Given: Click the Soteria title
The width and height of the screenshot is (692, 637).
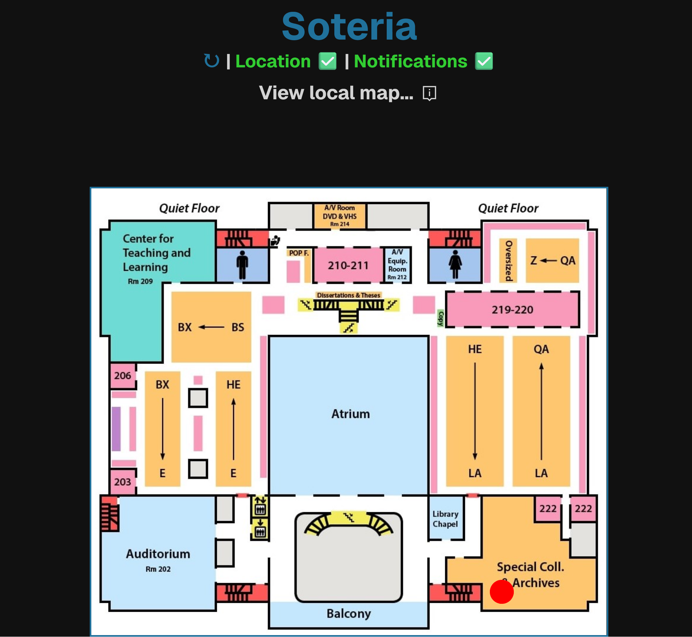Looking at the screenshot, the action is coord(349,27).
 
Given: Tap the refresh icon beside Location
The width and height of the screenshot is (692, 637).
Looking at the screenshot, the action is coord(211,61).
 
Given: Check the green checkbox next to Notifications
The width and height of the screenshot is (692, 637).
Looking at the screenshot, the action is coord(484,61).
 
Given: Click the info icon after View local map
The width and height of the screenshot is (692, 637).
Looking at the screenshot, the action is coord(429,93).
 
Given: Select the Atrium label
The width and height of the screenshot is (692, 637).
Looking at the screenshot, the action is coord(350,413).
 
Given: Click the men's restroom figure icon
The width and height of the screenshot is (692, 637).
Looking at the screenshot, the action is coord(242,264).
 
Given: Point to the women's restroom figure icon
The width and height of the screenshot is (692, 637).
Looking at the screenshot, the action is coord(455,264).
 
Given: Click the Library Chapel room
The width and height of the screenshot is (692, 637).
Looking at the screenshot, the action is coord(445,519).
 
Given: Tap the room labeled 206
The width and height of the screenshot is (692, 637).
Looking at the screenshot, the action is coord(123,375).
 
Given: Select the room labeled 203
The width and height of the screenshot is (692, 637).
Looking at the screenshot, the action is coord(123,482).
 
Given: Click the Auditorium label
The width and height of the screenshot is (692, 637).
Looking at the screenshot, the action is coord(158,554).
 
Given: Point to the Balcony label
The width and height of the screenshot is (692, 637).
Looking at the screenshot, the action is coord(349,614).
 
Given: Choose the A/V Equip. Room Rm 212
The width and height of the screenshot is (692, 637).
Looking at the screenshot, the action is coord(397,264).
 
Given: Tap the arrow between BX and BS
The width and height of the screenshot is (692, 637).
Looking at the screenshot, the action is coord(211,327).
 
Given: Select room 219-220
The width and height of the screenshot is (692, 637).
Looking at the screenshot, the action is coord(512,309).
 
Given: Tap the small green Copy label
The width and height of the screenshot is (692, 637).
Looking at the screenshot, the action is coord(440,318).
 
